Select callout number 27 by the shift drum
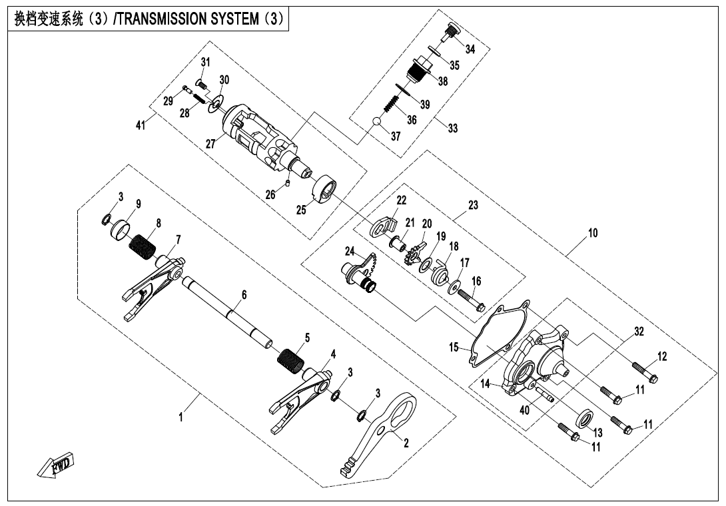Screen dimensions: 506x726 pyautogui.click(x=210, y=143)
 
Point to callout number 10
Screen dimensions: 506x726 pyautogui.click(x=592, y=234)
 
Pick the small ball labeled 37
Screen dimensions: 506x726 pyautogui.click(x=376, y=122)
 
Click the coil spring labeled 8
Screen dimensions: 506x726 pyautogui.click(x=143, y=245)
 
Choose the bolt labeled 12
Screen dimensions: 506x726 pyautogui.click(x=644, y=372)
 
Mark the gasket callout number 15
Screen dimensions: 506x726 pyautogui.click(x=454, y=348)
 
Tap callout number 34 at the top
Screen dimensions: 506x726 pyautogui.click(x=470, y=49)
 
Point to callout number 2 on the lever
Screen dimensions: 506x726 pyautogui.click(x=405, y=441)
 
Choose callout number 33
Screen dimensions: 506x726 pyautogui.click(x=453, y=129)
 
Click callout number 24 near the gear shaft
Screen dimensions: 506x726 pyautogui.click(x=350, y=251)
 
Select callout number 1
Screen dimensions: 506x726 pyautogui.click(x=178, y=420)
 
